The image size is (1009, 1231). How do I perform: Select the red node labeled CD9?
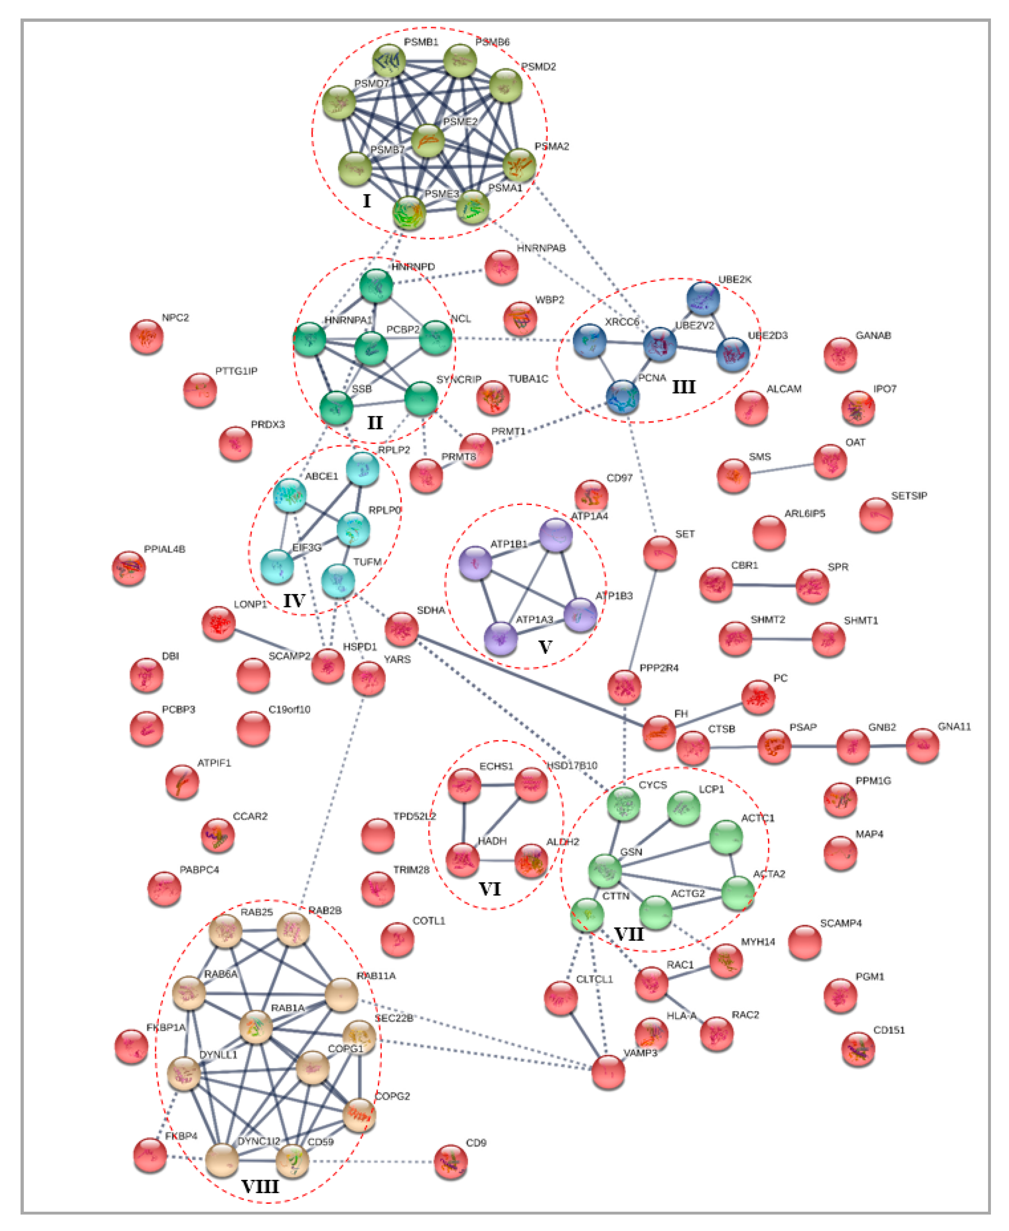(450, 1161)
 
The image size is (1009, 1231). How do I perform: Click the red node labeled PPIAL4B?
(129, 567)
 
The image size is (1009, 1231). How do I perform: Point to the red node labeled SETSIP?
(875, 514)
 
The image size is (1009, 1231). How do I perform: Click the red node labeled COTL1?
(397, 939)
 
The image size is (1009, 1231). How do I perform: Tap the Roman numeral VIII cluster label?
(260, 1186)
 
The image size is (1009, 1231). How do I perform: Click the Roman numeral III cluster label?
(683, 387)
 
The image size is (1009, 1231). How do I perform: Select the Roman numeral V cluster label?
(545, 647)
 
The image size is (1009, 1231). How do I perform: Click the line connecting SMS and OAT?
(782, 468)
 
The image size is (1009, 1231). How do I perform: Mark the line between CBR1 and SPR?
(764, 585)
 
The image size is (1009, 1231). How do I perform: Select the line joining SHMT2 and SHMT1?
(782, 639)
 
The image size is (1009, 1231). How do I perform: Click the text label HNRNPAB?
(540, 248)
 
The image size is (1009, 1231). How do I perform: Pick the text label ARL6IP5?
(804, 514)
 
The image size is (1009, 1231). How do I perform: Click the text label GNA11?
(954, 726)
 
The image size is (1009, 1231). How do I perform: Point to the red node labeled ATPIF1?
(182, 781)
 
